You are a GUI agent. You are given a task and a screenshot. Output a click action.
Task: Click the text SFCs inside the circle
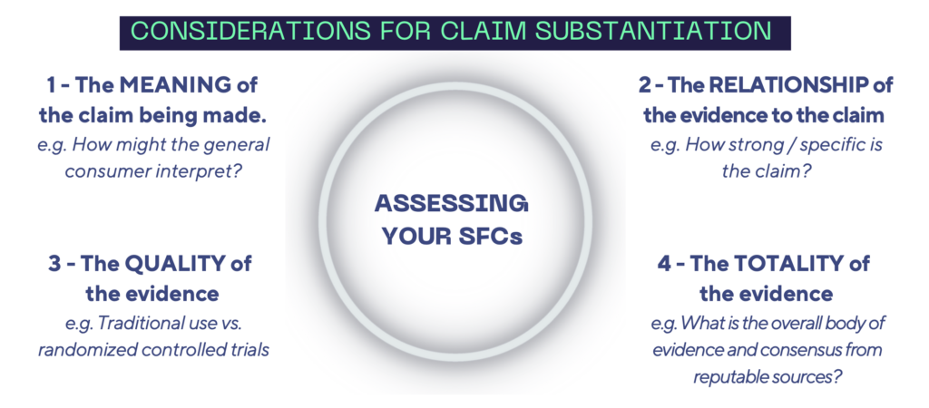tap(496, 238)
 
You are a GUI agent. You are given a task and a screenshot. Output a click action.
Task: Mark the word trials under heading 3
tap(247, 350)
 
